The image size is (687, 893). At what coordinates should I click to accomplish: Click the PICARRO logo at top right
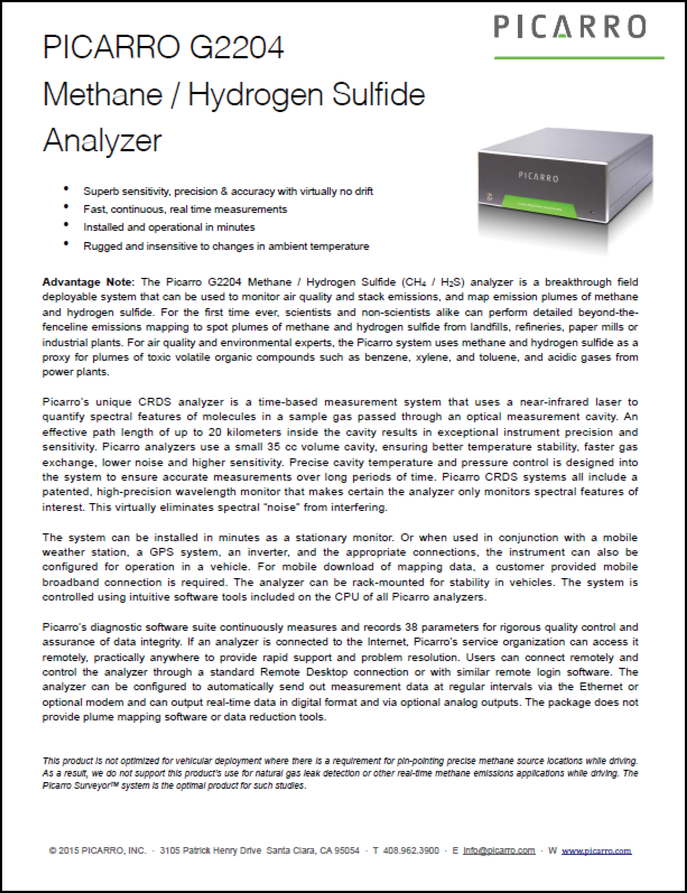[x=570, y=27]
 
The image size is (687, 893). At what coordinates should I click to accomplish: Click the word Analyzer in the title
[x=102, y=140]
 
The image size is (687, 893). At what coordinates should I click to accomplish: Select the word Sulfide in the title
[x=378, y=94]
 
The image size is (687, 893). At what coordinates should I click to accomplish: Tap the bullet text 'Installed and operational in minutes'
[x=169, y=227]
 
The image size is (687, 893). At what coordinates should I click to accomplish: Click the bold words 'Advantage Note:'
[x=87, y=282]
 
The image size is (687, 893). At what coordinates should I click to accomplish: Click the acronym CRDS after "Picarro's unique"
[x=155, y=402]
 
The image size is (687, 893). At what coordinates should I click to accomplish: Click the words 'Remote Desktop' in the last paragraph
[x=304, y=672]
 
